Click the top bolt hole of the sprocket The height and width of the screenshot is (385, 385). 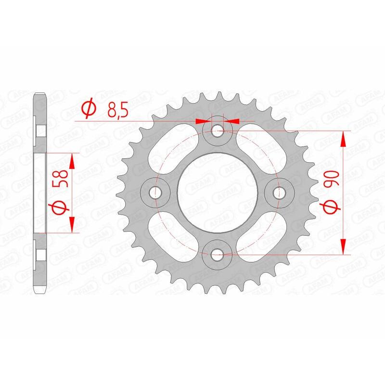pyautogui.click(x=218, y=129)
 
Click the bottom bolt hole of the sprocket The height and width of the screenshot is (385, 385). pyautogui.click(x=218, y=254)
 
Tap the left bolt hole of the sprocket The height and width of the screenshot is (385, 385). pyautogui.click(x=154, y=192)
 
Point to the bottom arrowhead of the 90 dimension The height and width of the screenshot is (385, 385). pyautogui.click(x=344, y=247)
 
